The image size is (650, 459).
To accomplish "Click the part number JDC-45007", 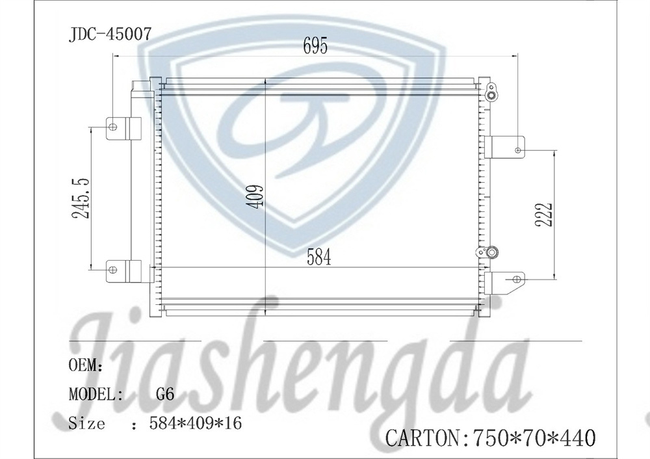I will pos(110,34).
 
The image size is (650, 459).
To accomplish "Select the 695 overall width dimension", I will pos(315,46).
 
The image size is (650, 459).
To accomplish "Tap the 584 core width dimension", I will pos(318,257).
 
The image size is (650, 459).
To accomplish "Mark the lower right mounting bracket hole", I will pos(517,279).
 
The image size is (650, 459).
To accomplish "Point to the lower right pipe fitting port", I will pos(492,251).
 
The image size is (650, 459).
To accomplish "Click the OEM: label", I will pos(86,365).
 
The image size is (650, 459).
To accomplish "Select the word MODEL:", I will pos(96,394).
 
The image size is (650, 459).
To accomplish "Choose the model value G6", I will pos(165,394).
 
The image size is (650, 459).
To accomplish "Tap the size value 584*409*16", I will pos(195,424).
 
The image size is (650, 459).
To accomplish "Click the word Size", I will pos(86,424).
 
